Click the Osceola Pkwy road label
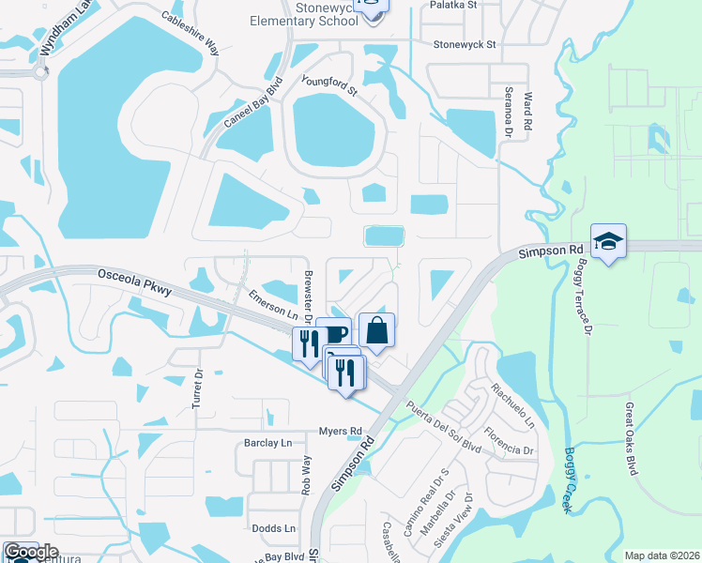click(x=134, y=282)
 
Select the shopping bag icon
click(x=376, y=330)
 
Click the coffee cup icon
click(x=333, y=334)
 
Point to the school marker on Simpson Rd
click(x=608, y=242)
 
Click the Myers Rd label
click(x=340, y=431)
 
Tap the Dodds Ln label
click(x=274, y=528)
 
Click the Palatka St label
click(x=453, y=5)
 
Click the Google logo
click(x=31, y=552)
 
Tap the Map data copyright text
click(x=662, y=555)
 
